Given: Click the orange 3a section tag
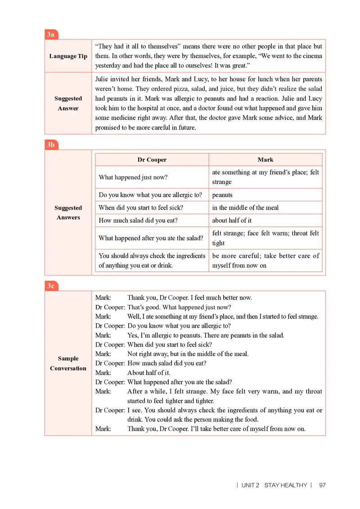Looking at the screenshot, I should pyautogui.click(x=51, y=35).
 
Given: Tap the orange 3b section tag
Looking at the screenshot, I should pyautogui.click(x=51, y=145).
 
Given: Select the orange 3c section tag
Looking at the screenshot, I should pyautogui.click(x=51, y=286).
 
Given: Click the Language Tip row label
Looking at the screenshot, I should pyautogui.click(x=68, y=56).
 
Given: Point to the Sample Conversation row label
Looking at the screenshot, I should pyautogui.click(x=68, y=363).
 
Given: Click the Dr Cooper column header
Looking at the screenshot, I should pyautogui.click(x=152, y=160).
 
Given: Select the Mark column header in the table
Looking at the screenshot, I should pyautogui.click(x=265, y=160).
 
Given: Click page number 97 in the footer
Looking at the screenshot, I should pyautogui.click(x=322, y=485).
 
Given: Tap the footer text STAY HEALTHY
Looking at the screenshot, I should pyautogui.click(x=285, y=485).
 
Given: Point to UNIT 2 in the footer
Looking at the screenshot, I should pyautogui.click(x=250, y=485).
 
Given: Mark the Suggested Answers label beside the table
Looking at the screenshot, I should pyautogui.click(x=68, y=213).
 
